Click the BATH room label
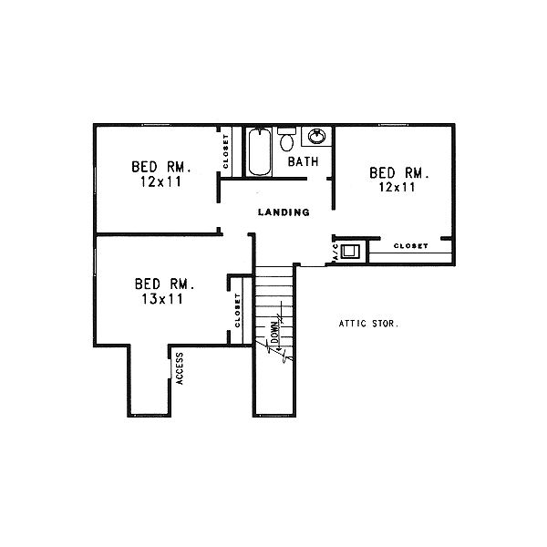303,162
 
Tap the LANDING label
284,212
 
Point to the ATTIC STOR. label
368,323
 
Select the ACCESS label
180,367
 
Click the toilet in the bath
287,140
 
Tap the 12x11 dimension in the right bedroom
397,188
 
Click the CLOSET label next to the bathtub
225,151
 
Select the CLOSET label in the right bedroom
411,246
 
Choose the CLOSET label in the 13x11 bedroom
237,311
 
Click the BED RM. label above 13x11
165,284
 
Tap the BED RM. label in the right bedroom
398,172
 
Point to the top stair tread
275,270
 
